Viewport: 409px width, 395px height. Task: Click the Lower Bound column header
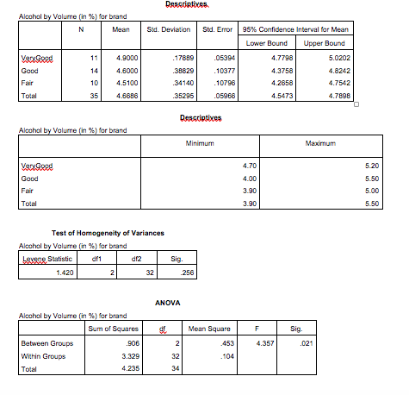pos(266,42)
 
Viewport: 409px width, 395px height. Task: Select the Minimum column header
pos(222,143)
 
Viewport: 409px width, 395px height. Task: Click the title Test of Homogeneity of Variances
pos(108,234)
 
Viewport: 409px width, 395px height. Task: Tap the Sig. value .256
pos(177,273)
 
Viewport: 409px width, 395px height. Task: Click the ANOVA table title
pos(167,304)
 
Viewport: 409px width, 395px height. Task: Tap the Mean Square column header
pos(208,328)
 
